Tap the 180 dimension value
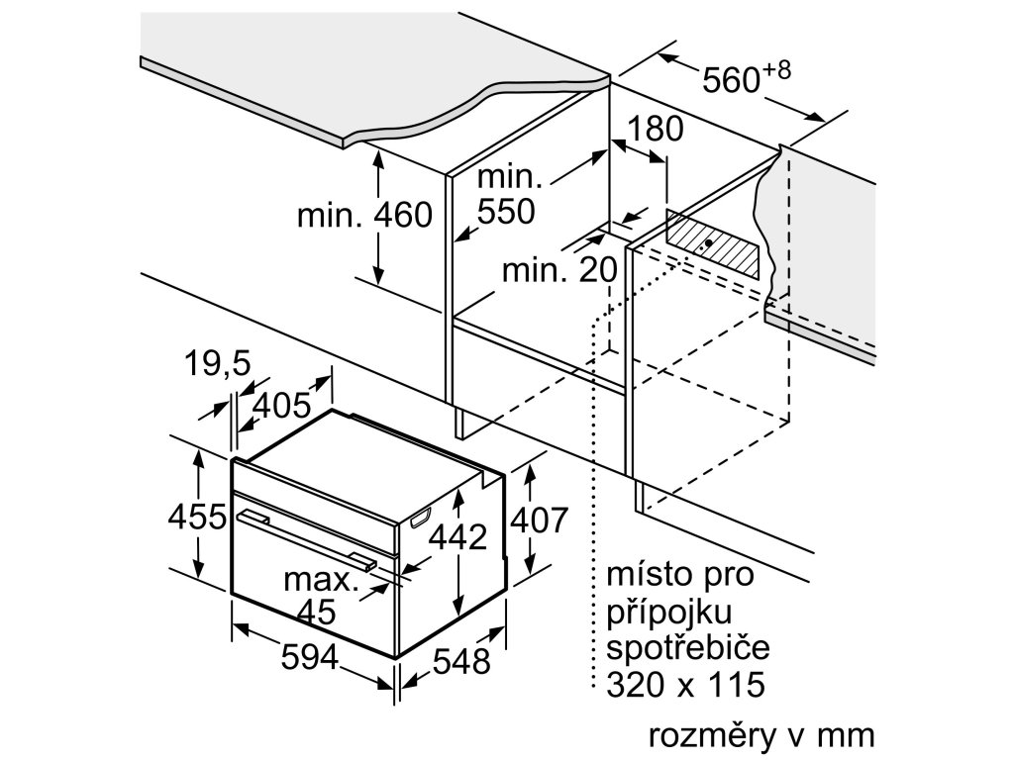pos(656,129)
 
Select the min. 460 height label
pos(365,215)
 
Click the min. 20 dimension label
pos(558,269)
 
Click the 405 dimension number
pos(281,406)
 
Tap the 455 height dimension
pos(197,517)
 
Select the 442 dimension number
pos(458,537)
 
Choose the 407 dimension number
pos(539,520)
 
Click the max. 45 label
pos(319,595)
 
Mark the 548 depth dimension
pos(461,661)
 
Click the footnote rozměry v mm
pos(761,735)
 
